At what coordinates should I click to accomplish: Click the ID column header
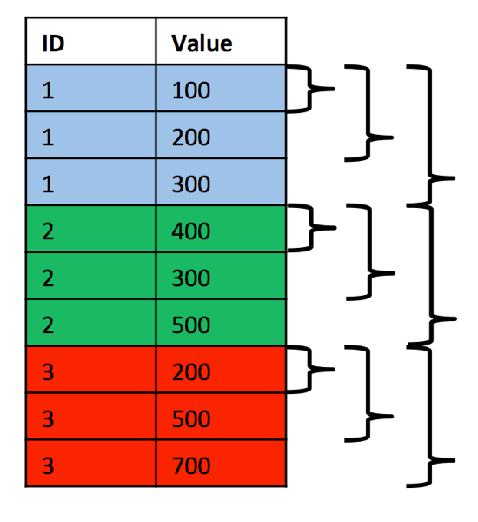(x=90, y=42)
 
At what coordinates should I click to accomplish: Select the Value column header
(x=221, y=42)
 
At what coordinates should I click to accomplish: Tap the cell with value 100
(x=221, y=89)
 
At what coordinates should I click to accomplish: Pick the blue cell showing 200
(x=221, y=136)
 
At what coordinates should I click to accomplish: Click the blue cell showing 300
(x=221, y=183)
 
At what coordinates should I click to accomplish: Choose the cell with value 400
(x=221, y=231)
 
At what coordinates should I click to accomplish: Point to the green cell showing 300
(x=221, y=278)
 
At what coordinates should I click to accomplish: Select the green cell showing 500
(x=221, y=325)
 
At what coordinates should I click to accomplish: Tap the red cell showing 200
(x=221, y=371)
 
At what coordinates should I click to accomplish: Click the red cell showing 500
(x=221, y=418)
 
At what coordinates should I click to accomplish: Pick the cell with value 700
(x=221, y=465)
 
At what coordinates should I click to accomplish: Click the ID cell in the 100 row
(x=90, y=89)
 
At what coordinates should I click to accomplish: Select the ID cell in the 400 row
(x=90, y=231)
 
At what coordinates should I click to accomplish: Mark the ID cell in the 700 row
(x=90, y=465)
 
